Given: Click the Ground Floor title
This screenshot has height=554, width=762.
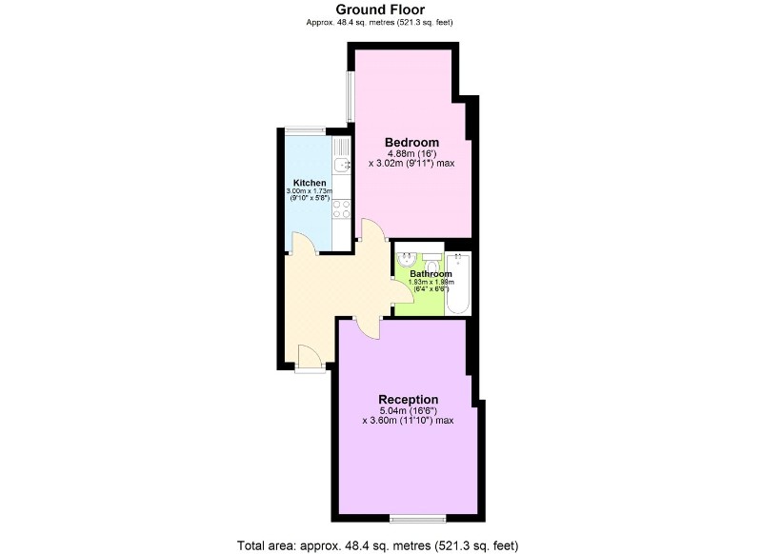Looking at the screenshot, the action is pyautogui.click(x=380, y=10).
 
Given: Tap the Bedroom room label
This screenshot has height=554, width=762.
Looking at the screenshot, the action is pyautogui.click(x=411, y=142).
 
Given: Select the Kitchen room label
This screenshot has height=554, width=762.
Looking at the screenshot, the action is pyautogui.click(x=310, y=183).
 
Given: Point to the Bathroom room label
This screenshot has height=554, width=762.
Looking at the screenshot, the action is pyautogui.click(x=431, y=274).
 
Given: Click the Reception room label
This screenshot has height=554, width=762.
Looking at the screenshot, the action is pyautogui.click(x=409, y=400).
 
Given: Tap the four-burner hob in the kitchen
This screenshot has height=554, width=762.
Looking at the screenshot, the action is pyautogui.click(x=341, y=208).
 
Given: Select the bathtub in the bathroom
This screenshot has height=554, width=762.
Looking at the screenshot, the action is pyautogui.click(x=457, y=283).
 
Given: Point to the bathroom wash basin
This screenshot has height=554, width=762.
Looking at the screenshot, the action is pyautogui.click(x=406, y=260).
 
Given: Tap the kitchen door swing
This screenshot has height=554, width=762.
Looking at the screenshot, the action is pyautogui.click(x=304, y=244).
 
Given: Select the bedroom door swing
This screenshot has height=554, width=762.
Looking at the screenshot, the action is pyautogui.click(x=372, y=229).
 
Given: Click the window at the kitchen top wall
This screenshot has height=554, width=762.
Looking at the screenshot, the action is pyautogui.click(x=305, y=130).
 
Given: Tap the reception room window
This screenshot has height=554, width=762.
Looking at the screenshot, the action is pyautogui.click(x=418, y=519).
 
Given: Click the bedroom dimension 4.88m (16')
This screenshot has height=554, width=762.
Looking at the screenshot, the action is pyautogui.click(x=411, y=153).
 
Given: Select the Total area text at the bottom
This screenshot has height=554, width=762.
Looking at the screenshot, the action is pyautogui.click(x=377, y=545).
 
